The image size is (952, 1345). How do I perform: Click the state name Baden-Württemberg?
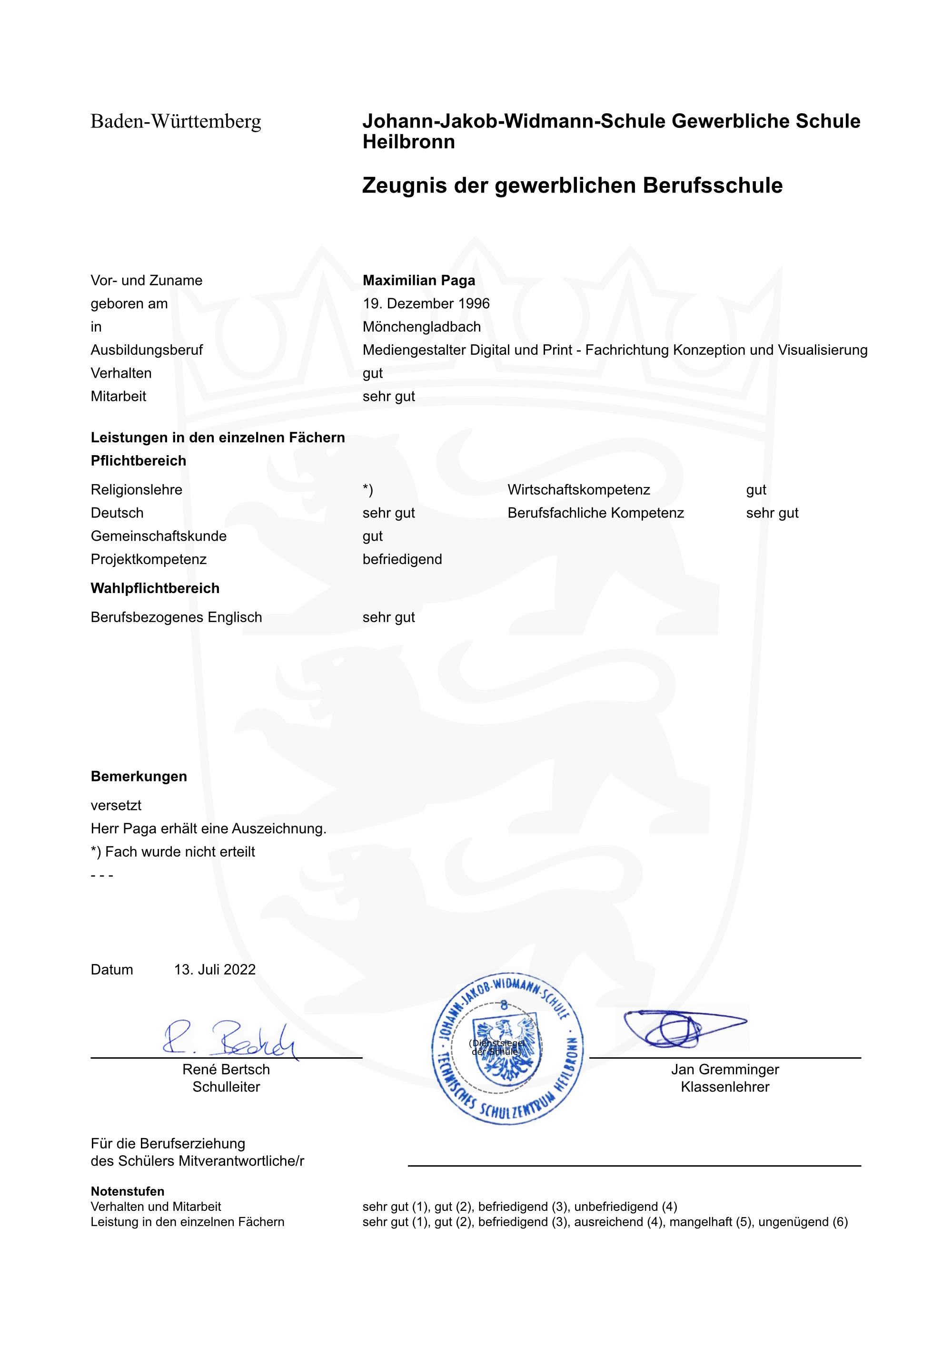[x=176, y=122]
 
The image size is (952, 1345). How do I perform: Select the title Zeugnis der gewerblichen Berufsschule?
[x=572, y=185]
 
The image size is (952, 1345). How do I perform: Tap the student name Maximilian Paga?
[x=418, y=281]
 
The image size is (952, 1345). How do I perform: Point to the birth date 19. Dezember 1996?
[x=426, y=303]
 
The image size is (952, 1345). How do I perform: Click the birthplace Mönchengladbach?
[x=421, y=327]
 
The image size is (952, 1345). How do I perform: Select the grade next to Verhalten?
[x=372, y=373]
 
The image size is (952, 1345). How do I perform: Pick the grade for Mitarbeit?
[x=389, y=397]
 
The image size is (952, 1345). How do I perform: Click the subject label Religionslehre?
[x=136, y=490]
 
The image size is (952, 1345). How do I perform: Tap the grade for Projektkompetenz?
[x=402, y=559]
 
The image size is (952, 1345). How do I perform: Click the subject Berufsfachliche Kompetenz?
[x=595, y=513]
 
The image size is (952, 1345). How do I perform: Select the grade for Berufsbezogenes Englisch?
[x=389, y=617]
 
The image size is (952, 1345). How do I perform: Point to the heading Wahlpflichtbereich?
[x=155, y=588]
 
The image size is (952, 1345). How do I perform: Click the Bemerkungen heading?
[x=139, y=777]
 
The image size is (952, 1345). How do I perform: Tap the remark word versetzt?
[x=116, y=806]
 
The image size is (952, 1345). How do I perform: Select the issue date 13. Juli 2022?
[x=215, y=969]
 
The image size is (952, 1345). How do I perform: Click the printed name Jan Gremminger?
[x=724, y=1070]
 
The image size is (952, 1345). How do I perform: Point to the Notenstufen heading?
[x=127, y=1191]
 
